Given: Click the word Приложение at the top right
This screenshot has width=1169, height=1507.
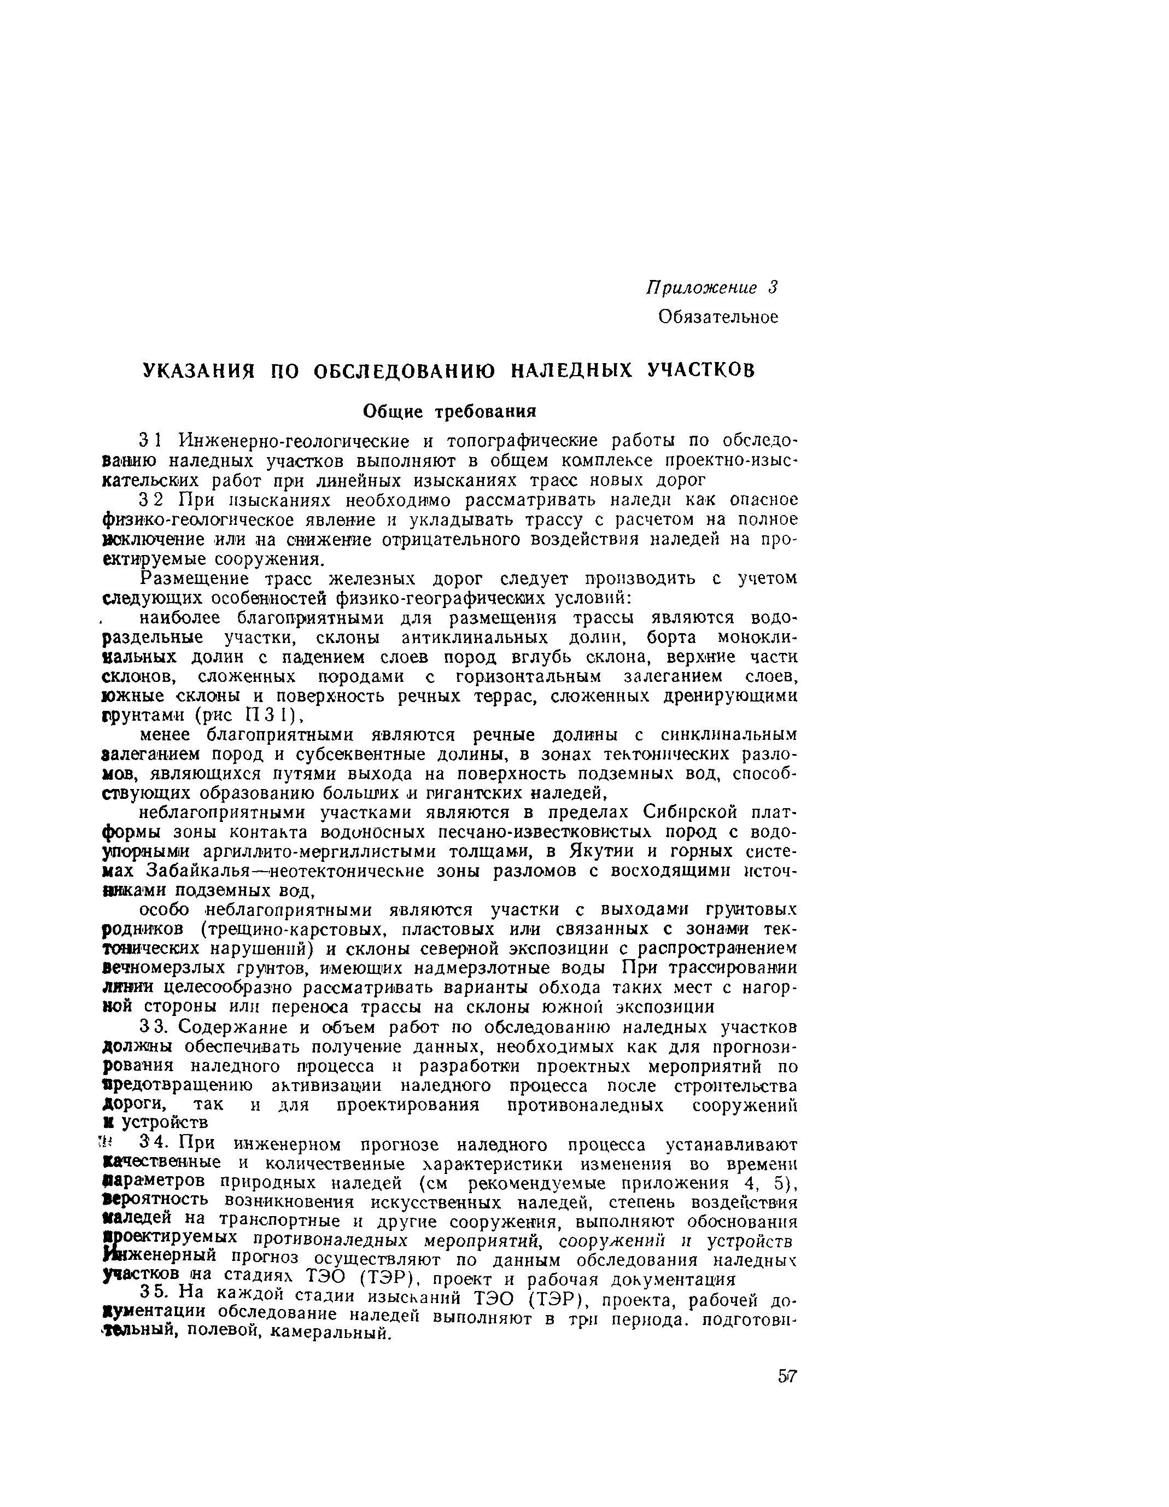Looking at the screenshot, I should coord(700,288).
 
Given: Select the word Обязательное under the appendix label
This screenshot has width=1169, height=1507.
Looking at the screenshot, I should coord(718,317).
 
